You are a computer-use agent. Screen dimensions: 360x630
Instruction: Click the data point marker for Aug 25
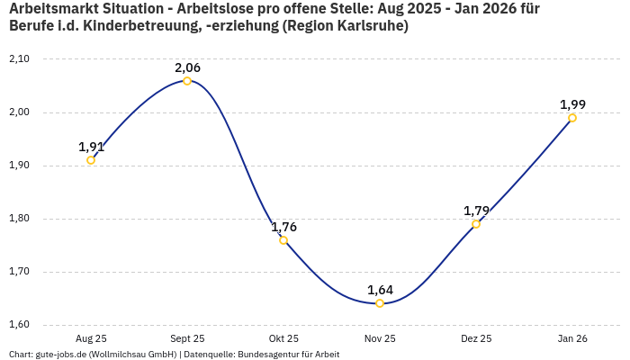coord(91,160)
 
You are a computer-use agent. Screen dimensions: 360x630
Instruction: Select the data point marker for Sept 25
coord(187,81)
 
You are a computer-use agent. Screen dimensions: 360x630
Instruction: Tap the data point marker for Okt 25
coord(283,240)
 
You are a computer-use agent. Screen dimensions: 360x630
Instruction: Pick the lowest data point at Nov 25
coord(380,303)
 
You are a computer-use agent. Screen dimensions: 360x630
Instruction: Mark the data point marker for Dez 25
coord(476,224)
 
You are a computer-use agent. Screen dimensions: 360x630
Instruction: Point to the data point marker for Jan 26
coord(572,118)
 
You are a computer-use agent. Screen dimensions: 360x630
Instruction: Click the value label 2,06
coord(187,67)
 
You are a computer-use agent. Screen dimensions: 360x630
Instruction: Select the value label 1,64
coord(380,290)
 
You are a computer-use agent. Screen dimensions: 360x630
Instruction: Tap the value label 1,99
coord(572,104)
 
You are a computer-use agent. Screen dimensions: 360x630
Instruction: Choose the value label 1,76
coord(283,227)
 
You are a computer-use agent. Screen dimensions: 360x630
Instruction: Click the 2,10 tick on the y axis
coord(19,59)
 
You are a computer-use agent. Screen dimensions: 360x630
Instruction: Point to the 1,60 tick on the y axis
coord(19,325)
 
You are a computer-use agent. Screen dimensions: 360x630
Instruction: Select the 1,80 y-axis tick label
coord(19,219)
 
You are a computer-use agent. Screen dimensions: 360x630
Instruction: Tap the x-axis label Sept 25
coord(187,338)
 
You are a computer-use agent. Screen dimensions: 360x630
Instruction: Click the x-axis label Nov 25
coord(380,338)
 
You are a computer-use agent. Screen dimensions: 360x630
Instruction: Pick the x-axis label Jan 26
coord(572,338)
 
